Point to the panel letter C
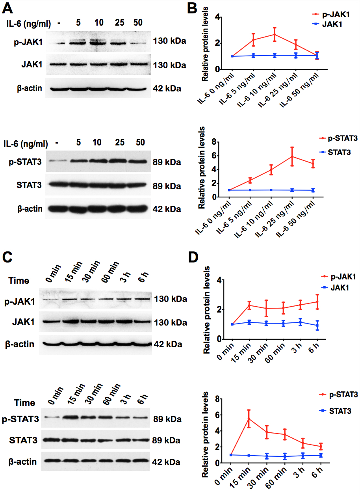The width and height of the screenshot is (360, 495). click(9, 261)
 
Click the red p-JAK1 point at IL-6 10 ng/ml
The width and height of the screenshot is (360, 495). click(275, 34)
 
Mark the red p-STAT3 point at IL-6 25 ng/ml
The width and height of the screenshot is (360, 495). click(292, 156)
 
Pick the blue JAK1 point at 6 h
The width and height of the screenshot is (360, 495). click(317, 326)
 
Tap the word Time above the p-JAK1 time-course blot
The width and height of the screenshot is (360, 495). click(19, 281)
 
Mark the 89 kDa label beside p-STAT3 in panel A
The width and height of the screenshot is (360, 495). click(167, 162)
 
